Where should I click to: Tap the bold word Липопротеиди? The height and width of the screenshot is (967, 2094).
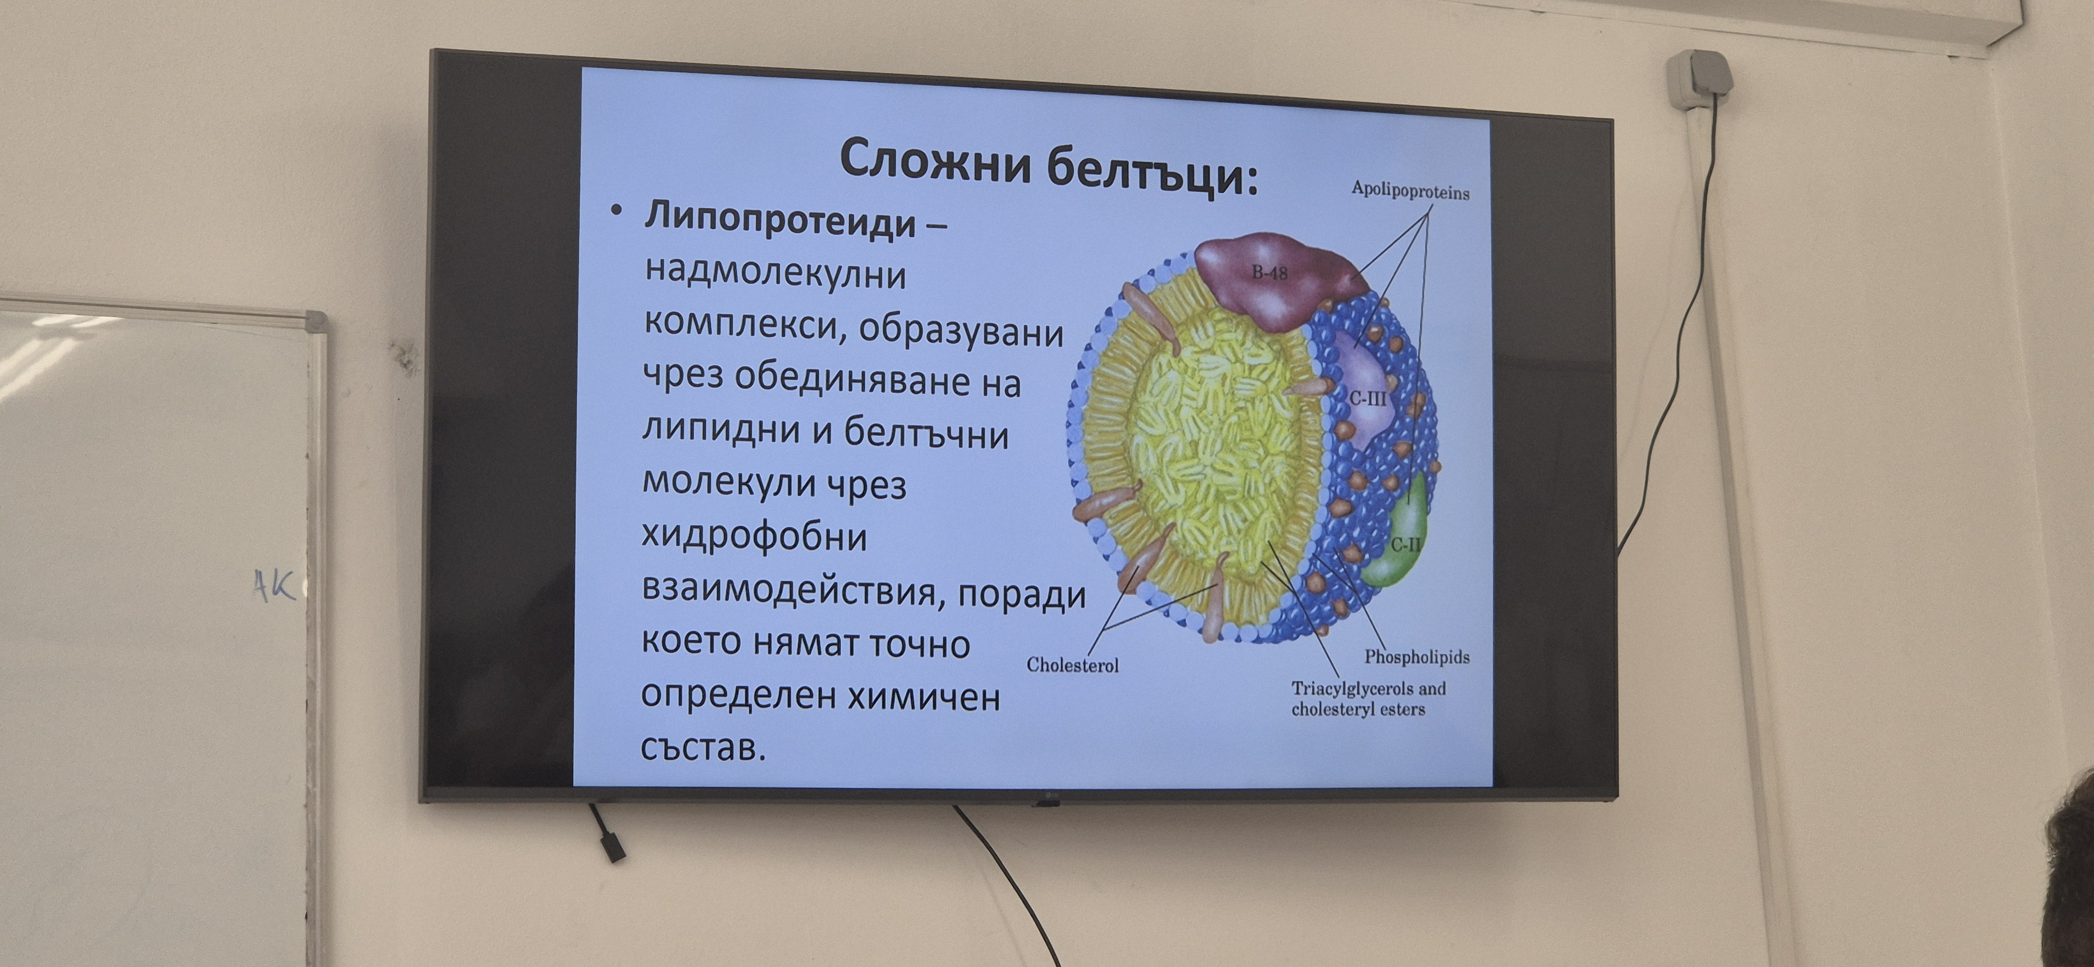tap(781, 220)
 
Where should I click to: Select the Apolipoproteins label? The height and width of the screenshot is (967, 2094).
tap(1410, 191)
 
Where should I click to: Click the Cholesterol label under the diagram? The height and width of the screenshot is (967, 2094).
tap(1072, 665)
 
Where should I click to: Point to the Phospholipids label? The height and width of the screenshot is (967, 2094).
tap(1417, 657)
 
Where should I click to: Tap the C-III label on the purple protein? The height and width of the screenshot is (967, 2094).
tap(1368, 399)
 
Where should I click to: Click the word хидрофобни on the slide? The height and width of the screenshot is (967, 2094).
tap(754, 537)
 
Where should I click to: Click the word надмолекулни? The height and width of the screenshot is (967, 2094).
tap(775, 274)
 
